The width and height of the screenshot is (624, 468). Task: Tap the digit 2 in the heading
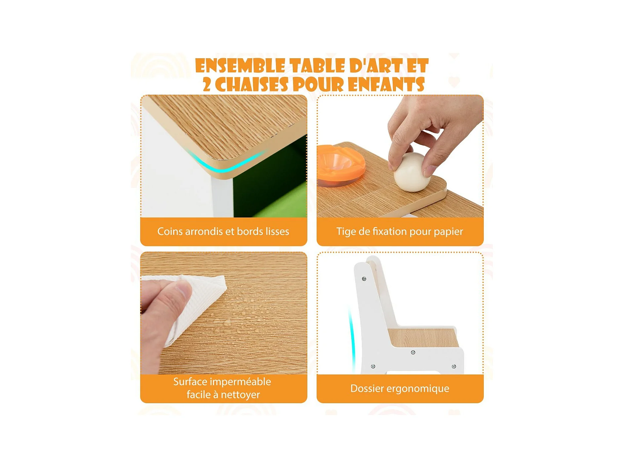click(207, 85)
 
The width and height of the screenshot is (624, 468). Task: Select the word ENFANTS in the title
click(386, 85)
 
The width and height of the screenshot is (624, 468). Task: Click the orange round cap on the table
click(341, 165)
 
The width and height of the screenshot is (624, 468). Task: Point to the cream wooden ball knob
click(412, 172)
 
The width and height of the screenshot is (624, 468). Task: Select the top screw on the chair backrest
click(364, 279)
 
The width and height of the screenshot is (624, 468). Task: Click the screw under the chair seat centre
click(413, 352)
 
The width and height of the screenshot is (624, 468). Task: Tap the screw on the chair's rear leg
click(373, 366)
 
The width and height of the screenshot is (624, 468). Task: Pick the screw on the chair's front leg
click(454, 366)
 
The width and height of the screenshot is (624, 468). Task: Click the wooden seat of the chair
click(423, 337)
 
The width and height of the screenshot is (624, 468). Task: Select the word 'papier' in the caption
click(448, 232)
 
